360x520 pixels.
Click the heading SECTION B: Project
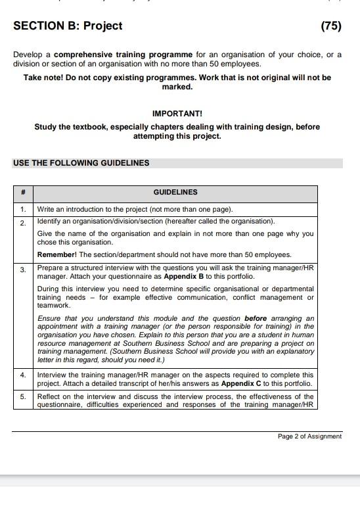click(x=68, y=26)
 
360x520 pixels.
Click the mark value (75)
click(x=330, y=26)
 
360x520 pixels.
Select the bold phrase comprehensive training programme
click(x=124, y=55)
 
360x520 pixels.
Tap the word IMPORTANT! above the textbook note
click(x=177, y=114)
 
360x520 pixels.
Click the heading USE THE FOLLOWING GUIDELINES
click(x=81, y=163)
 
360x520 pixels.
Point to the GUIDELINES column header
click(x=175, y=193)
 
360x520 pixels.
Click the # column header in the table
click(x=23, y=193)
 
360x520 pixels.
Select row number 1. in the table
click(x=23, y=210)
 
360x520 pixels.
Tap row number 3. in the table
click(x=23, y=270)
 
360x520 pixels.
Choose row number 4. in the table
click(x=23, y=375)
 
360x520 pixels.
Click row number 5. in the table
click(x=23, y=397)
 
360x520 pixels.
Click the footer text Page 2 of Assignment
click(x=309, y=437)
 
